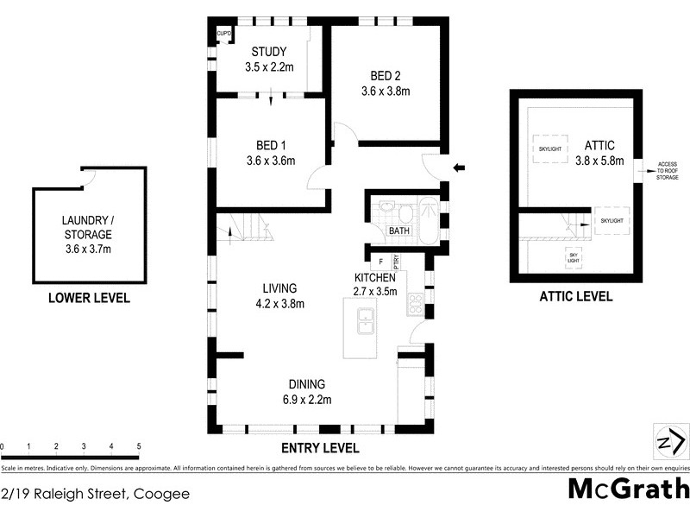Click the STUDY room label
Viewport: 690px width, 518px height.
[x=268, y=51]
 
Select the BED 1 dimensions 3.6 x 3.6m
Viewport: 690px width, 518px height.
[x=270, y=160]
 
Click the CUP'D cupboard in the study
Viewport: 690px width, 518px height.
[x=223, y=34]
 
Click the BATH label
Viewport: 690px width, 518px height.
[x=398, y=231]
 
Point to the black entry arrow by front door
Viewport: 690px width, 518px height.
[x=458, y=167]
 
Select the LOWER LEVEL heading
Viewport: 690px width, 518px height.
[x=89, y=299]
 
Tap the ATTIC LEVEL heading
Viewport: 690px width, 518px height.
[x=575, y=296]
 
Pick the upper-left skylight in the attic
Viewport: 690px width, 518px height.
[x=550, y=148]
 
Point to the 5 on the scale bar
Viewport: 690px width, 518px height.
[x=139, y=446]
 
